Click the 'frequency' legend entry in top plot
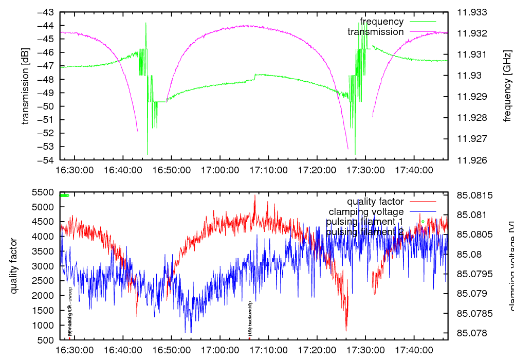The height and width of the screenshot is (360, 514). [381, 22]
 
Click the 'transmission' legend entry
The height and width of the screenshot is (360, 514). [375, 32]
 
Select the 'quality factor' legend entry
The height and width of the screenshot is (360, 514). [375, 202]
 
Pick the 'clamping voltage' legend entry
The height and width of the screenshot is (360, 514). [366, 211]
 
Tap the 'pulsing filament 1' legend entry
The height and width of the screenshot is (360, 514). [364, 222]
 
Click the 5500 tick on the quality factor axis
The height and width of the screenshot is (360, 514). [44, 192]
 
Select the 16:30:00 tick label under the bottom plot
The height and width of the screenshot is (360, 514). [75, 350]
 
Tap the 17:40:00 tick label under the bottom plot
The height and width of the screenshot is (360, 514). [414, 350]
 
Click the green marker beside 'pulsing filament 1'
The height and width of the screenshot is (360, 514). [423, 222]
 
